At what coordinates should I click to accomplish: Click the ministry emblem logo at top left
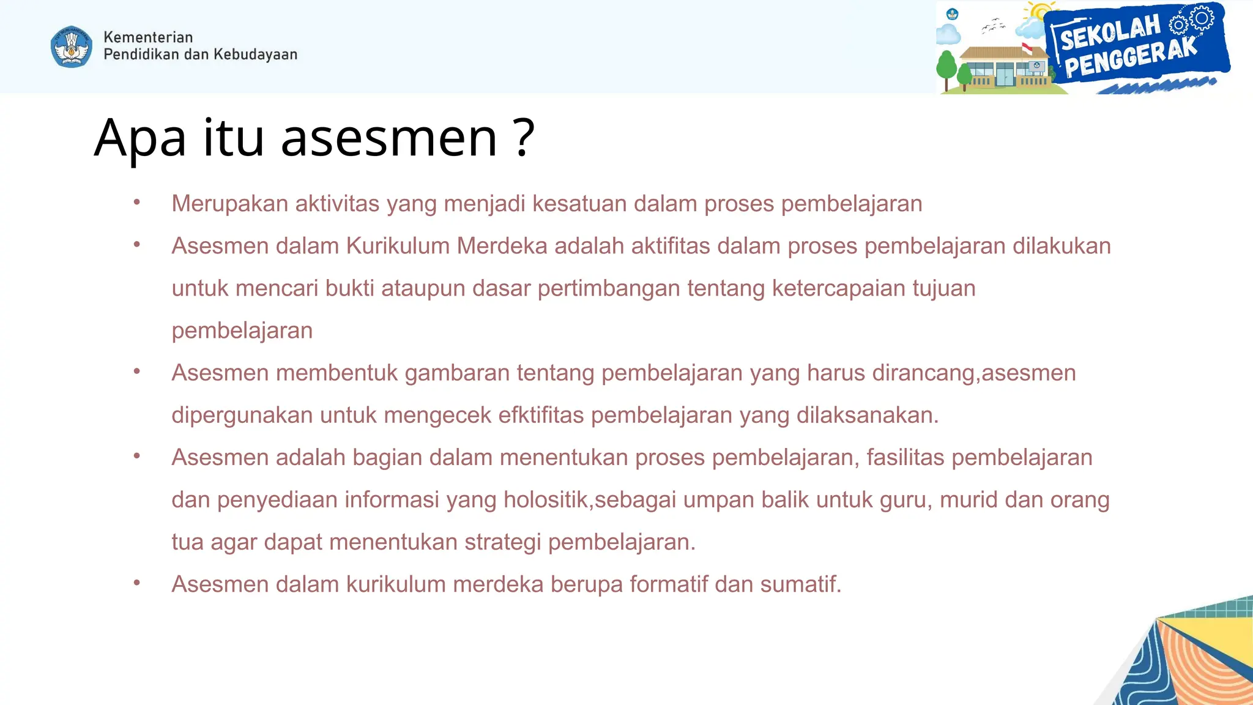pos(72,47)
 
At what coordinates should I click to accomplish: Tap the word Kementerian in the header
pos(148,37)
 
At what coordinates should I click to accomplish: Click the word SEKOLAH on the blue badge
pos(1110,32)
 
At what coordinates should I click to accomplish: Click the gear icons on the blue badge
pos(1193,21)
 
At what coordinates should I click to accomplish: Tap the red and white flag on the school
pos(1027,48)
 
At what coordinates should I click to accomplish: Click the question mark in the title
pos(524,138)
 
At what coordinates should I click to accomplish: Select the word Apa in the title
pos(140,138)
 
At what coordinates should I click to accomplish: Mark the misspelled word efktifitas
pos(541,415)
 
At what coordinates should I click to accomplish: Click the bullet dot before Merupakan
pos(137,203)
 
